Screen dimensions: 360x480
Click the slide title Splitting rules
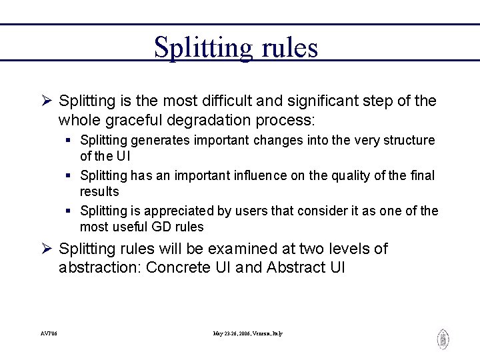tap(236, 47)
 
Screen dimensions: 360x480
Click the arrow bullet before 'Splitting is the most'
tap(47, 102)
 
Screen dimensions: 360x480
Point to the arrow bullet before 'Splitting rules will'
tap(47, 249)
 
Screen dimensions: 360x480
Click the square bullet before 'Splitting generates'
tap(69, 141)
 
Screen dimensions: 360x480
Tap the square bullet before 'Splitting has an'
tap(69, 176)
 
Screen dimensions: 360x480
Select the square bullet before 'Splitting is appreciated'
tap(69, 211)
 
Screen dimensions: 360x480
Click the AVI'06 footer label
tap(48, 333)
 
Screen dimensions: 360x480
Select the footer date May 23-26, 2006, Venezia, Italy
tap(248, 333)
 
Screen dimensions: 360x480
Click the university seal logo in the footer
tap(443, 339)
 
